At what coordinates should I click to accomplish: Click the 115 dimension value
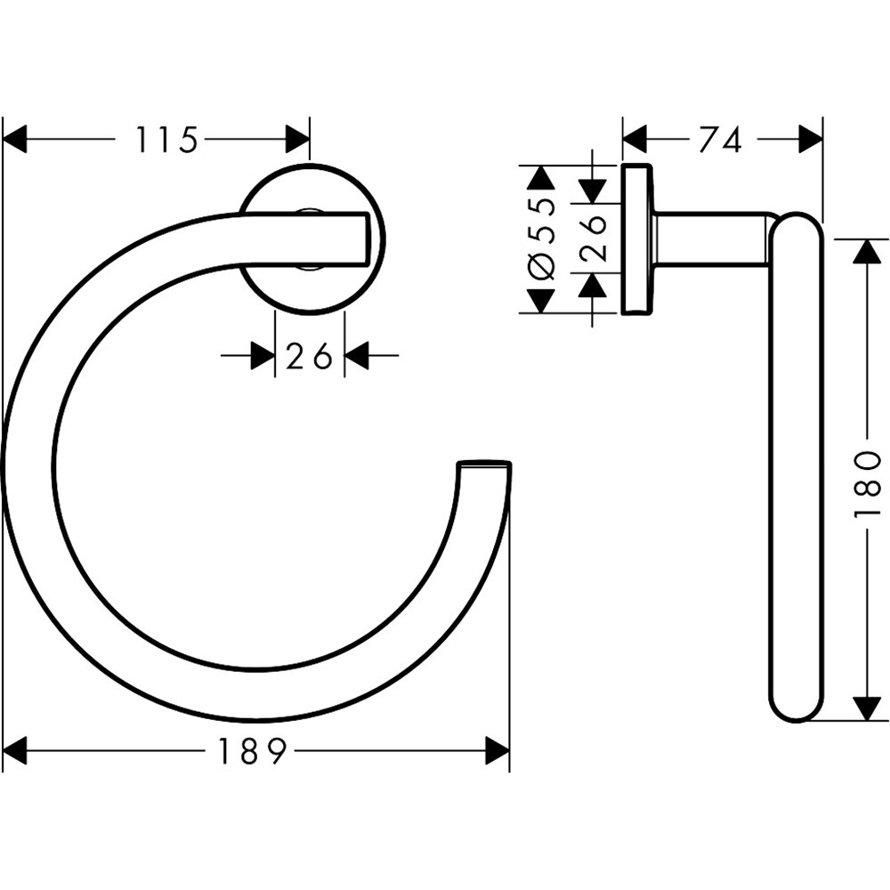(166, 140)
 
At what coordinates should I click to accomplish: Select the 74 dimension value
(720, 140)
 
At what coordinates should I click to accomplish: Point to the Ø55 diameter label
(542, 239)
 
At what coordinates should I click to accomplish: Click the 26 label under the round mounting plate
(309, 357)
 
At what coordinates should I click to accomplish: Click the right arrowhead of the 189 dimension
(497, 752)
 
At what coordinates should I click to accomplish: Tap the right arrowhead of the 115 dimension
(297, 140)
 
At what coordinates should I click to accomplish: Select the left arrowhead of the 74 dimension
(634, 140)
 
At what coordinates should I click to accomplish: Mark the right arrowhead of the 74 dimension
(811, 140)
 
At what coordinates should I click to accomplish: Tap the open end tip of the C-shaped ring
(485, 465)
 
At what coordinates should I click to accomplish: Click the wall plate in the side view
(635, 239)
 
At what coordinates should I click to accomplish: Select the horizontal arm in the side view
(712, 239)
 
